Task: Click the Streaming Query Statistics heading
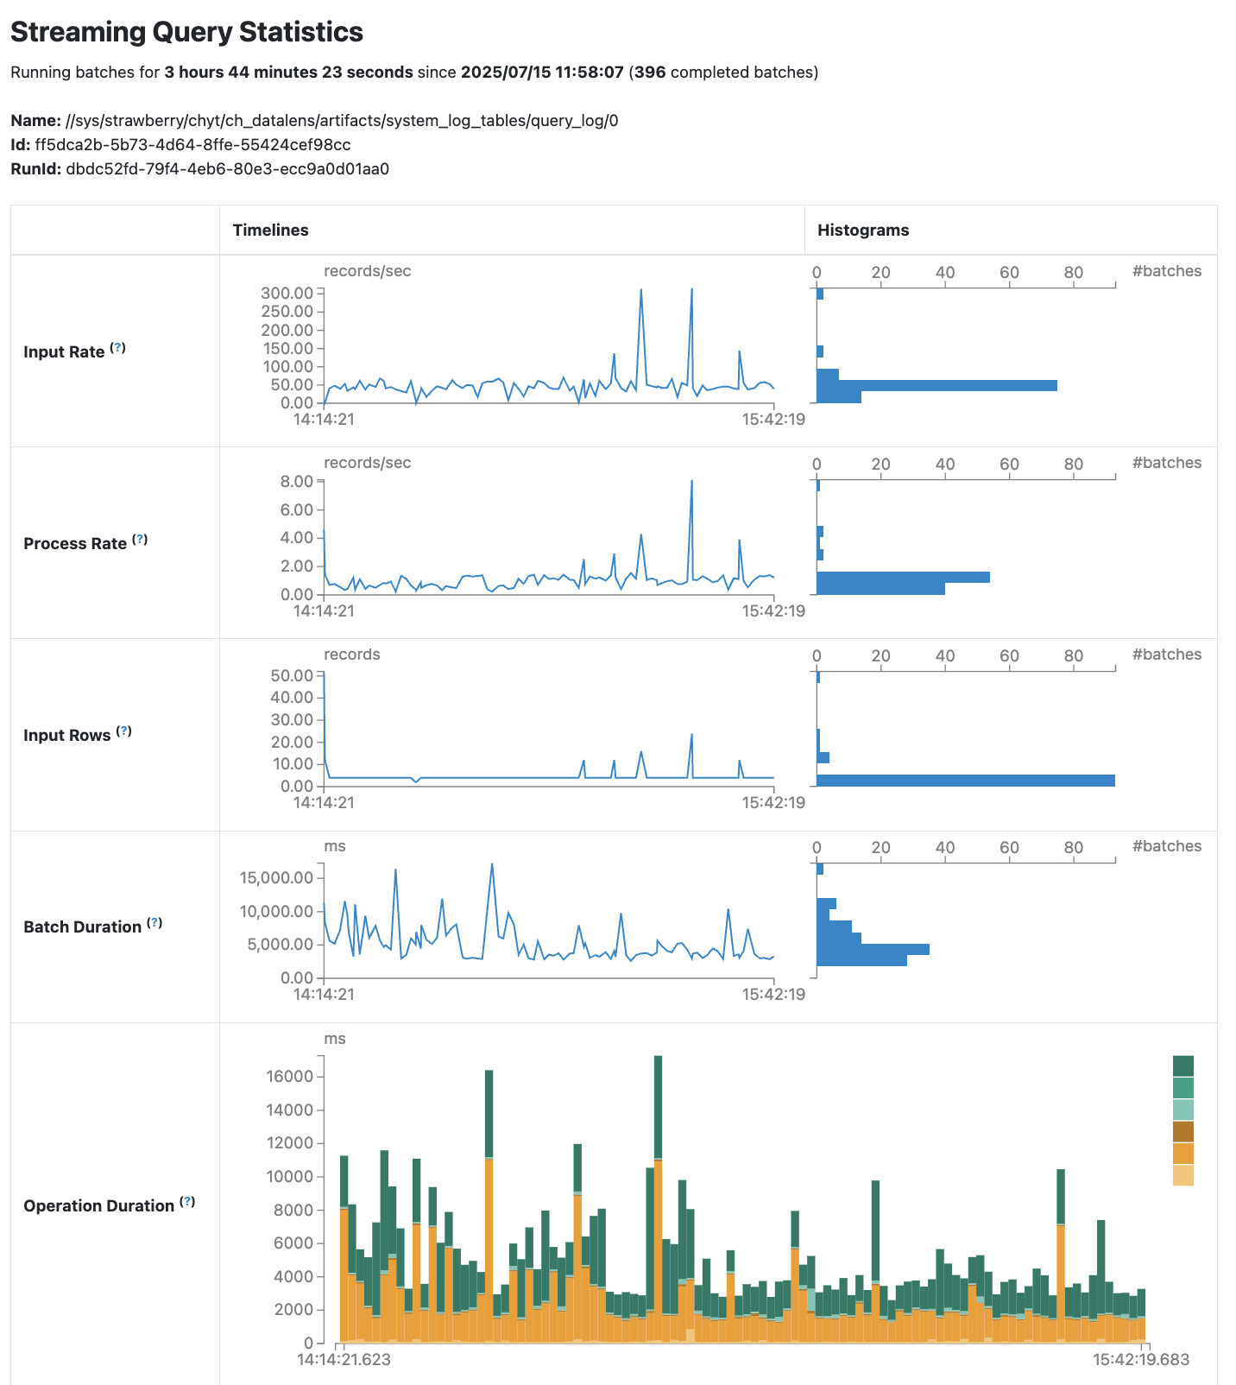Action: pos(186,32)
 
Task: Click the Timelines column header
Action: pos(270,230)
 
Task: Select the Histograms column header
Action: pos(862,230)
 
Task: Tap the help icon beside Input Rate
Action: pos(119,348)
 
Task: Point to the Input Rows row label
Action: pos(67,735)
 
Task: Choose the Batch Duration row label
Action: pos(82,926)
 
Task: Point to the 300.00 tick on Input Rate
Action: pos(287,293)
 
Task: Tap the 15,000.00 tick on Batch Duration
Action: pos(276,878)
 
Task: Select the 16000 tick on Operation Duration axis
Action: pos(289,1077)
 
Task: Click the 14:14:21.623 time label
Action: pos(344,1360)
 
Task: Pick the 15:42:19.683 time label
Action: pos(1141,1360)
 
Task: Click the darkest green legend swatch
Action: pos(1183,1066)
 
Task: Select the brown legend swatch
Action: pos(1183,1131)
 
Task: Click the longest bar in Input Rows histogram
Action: pos(965,781)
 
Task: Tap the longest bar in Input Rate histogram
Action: pos(936,385)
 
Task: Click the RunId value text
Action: pos(227,168)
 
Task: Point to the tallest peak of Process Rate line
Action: pos(691,481)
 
